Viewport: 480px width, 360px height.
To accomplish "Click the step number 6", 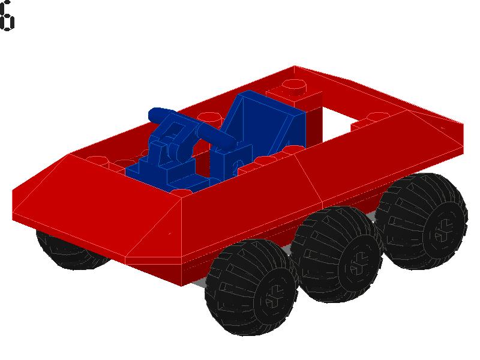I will (x=7, y=16).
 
